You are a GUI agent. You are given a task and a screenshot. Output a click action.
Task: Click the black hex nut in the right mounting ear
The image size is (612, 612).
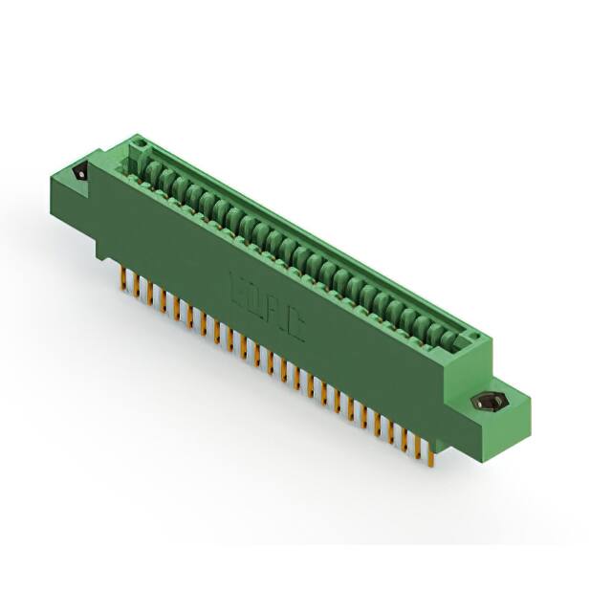491,403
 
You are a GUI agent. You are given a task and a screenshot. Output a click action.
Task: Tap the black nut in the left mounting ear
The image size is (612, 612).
80,174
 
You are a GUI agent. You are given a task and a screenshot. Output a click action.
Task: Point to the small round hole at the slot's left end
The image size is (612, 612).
137,147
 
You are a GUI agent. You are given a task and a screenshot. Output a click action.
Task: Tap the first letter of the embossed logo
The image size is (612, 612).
236,285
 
